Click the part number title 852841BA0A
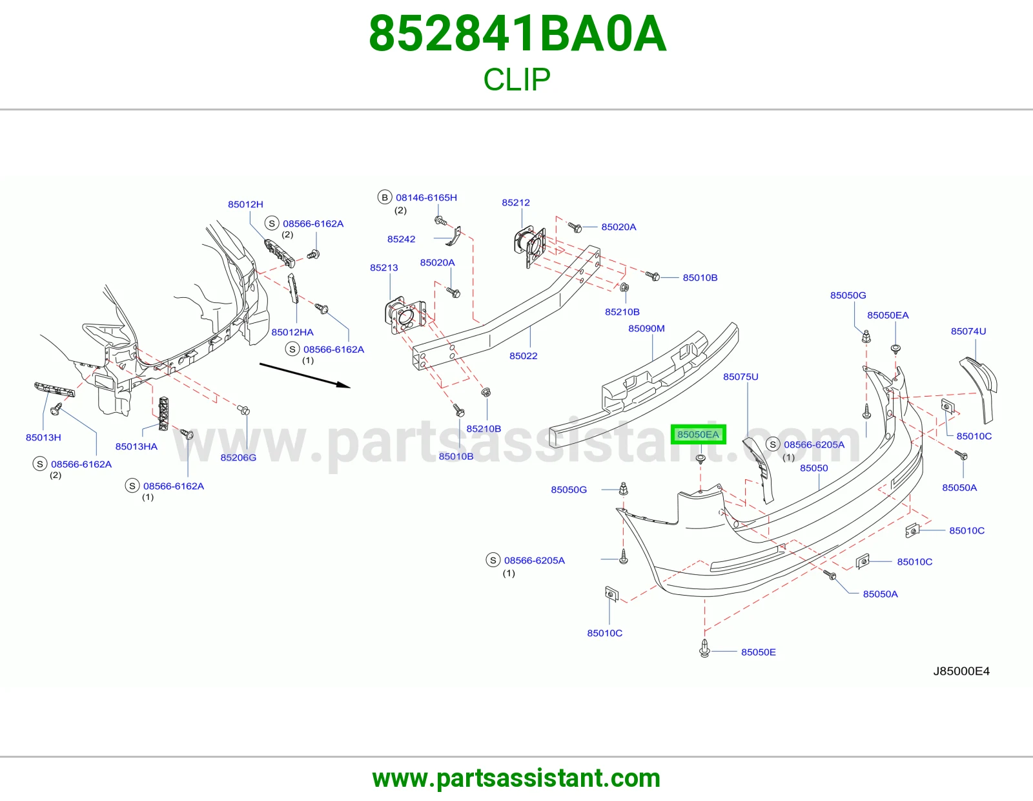pyautogui.click(x=517, y=34)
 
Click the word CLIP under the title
pyautogui.click(x=516, y=79)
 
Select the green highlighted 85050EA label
pyautogui.click(x=698, y=434)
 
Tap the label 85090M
pyautogui.click(x=646, y=328)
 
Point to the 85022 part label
pyautogui.click(x=524, y=356)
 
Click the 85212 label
pyautogui.click(x=516, y=203)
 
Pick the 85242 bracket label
pyautogui.click(x=401, y=239)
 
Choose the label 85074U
pyautogui.click(x=968, y=331)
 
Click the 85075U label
pyautogui.click(x=741, y=377)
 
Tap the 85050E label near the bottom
pyautogui.click(x=758, y=652)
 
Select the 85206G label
pyautogui.click(x=238, y=457)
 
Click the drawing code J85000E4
pyautogui.click(x=961, y=671)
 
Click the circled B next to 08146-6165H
pyautogui.click(x=385, y=198)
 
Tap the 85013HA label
pyautogui.click(x=136, y=446)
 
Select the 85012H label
pyautogui.click(x=245, y=205)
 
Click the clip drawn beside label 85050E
pyautogui.click(x=704, y=648)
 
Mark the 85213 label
pyautogui.click(x=384, y=268)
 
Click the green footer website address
pyautogui.click(x=516, y=778)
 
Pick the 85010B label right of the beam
pyautogui.click(x=701, y=278)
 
